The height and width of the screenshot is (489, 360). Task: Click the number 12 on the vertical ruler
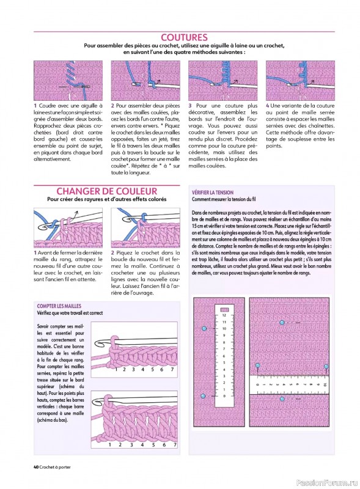pos(224,315)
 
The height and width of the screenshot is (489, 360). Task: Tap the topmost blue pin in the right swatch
pos(281,322)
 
